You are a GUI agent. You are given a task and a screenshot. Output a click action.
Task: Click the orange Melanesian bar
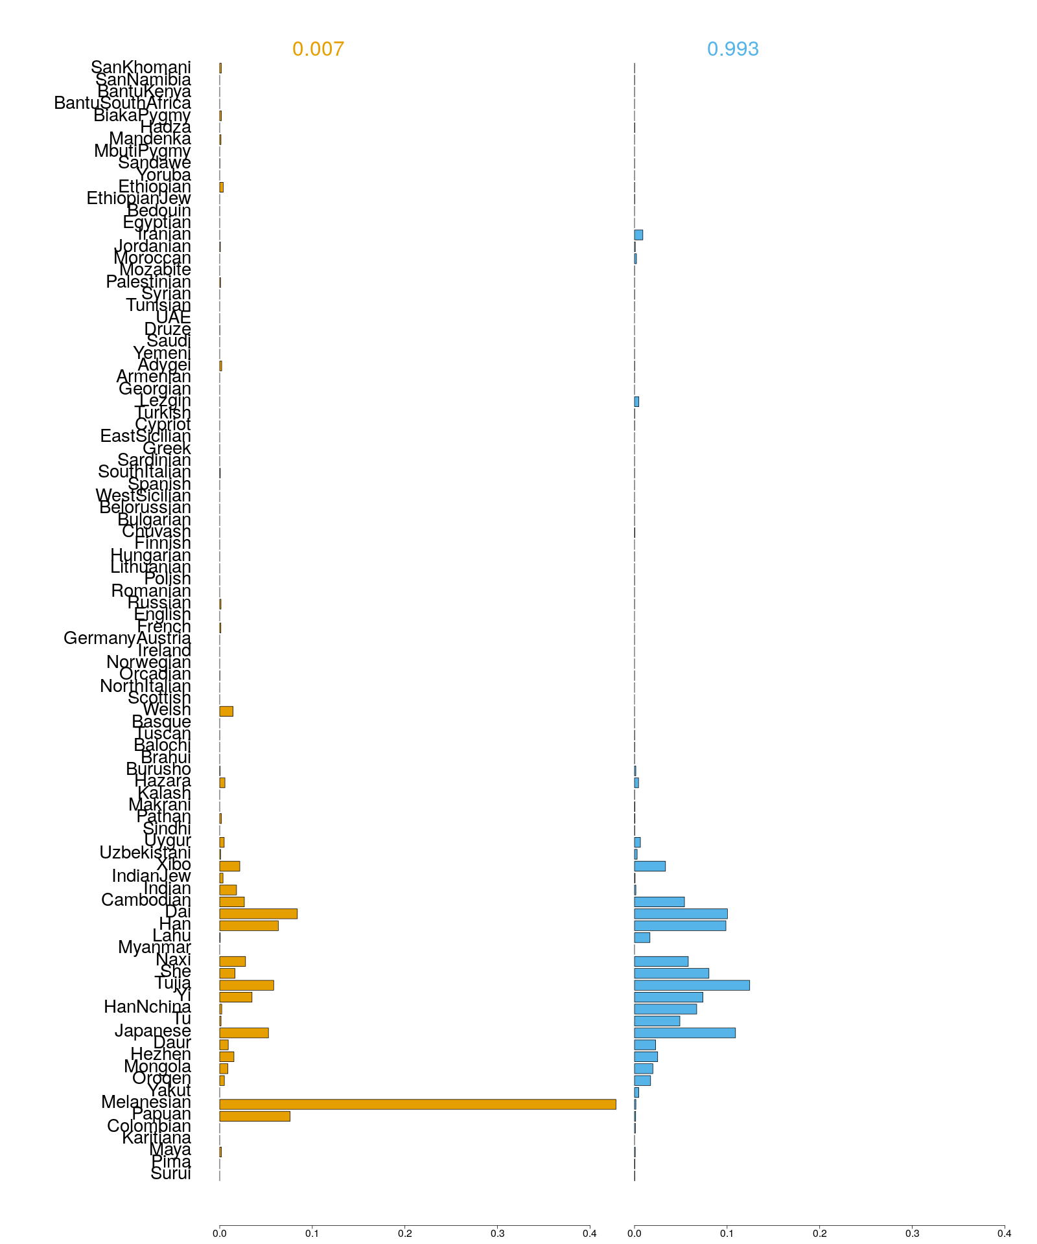click(x=417, y=1104)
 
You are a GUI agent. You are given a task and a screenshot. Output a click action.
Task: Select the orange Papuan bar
click(x=255, y=1116)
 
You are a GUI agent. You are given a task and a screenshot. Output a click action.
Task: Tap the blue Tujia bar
click(x=692, y=985)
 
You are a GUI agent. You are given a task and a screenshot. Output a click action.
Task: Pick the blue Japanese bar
click(x=684, y=1032)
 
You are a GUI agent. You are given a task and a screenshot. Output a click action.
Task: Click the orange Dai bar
click(x=258, y=914)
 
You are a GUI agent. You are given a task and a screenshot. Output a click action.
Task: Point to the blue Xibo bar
click(x=649, y=866)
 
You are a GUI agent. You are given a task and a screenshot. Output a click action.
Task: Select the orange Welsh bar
click(x=226, y=711)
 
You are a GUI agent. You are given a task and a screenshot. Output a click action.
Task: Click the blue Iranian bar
click(x=638, y=235)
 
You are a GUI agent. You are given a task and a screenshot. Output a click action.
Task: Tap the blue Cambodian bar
click(x=659, y=901)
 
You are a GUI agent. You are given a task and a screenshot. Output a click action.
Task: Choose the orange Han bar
click(x=249, y=925)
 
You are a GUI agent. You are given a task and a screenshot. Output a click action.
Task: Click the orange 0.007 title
click(x=318, y=49)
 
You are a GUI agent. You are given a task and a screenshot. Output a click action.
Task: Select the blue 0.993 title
click(x=732, y=49)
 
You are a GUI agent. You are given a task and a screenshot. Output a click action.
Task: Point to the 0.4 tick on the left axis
click(x=590, y=1233)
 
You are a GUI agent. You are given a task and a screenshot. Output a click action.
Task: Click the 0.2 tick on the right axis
click(x=819, y=1233)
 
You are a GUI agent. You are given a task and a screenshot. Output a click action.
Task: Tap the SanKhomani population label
click(x=141, y=67)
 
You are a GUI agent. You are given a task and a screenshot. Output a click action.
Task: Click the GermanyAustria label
click(x=127, y=639)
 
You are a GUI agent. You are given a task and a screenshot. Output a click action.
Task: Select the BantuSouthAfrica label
click(x=122, y=103)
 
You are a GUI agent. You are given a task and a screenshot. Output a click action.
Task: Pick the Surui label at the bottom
click(x=170, y=1173)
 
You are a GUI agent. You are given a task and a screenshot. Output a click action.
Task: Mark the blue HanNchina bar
click(x=665, y=1009)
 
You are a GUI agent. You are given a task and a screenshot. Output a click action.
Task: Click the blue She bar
click(x=671, y=973)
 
